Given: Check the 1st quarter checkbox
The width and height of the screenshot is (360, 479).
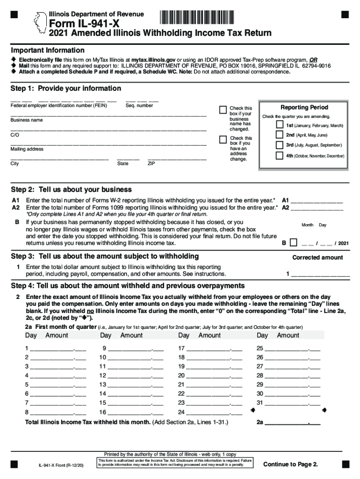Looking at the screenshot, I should pyautogui.click(x=279, y=125).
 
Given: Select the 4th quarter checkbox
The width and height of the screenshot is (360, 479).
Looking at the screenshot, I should pyautogui.click(x=279, y=155).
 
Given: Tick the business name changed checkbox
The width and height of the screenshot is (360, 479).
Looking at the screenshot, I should pyautogui.click(x=223, y=110).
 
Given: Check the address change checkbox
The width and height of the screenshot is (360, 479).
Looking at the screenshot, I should pyautogui.click(x=223, y=139).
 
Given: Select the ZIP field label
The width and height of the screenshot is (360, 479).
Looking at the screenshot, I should pyautogui.click(x=151, y=164).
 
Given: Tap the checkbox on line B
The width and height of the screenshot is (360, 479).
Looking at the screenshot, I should pyautogui.click(x=293, y=243).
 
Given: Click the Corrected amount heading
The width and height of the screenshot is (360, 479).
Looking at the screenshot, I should pyautogui.click(x=317, y=257).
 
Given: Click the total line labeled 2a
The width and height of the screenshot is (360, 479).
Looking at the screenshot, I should pyautogui.click(x=293, y=423).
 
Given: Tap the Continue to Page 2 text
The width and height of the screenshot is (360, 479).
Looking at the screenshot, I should pyautogui.click(x=290, y=464).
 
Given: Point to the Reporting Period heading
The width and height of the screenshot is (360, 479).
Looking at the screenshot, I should pyautogui.click(x=304, y=107).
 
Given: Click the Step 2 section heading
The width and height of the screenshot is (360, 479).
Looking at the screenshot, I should pyautogui.click(x=71, y=189).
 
